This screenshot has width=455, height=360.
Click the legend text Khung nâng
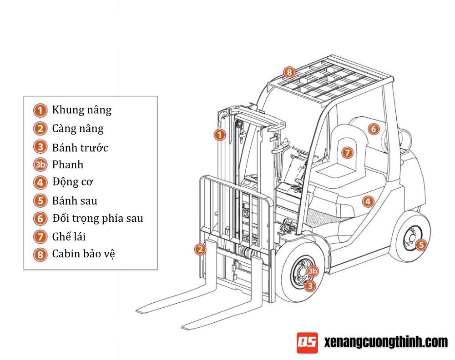point(81,110)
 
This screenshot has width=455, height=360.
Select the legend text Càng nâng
point(78,129)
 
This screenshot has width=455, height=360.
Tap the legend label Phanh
point(68,165)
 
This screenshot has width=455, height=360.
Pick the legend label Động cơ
point(72,182)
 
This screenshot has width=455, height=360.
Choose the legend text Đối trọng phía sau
point(97,218)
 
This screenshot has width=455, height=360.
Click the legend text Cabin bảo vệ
point(83,254)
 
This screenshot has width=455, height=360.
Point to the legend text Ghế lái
point(69,236)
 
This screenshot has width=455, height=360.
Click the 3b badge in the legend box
point(40,165)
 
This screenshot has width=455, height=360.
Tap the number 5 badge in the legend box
point(40,200)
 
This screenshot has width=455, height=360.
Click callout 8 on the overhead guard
point(289,72)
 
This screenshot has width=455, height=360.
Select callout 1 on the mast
point(220,135)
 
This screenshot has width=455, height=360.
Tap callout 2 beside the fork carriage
point(200,249)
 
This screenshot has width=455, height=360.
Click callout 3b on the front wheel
point(312,271)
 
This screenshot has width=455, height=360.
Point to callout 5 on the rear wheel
point(421,245)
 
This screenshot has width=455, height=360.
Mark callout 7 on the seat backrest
point(347,153)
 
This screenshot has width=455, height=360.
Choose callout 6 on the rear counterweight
point(373,129)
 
